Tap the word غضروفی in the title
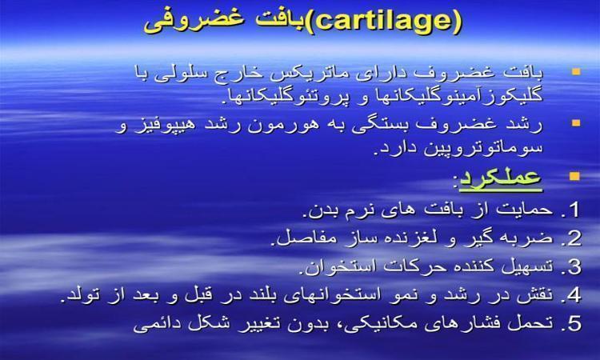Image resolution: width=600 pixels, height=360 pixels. click(x=195, y=21)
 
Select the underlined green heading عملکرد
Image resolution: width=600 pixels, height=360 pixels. click(x=501, y=178)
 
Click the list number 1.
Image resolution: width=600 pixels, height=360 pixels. click(x=574, y=210)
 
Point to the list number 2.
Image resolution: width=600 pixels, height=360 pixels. click(x=574, y=238)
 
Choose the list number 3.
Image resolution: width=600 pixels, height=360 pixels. click(x=574, y=267)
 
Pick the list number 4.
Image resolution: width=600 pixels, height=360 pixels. click(x=574, y=295)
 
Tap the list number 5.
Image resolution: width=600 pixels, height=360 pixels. click(x=574, y=324)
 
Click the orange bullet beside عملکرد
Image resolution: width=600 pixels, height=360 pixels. click(x=574, y=176)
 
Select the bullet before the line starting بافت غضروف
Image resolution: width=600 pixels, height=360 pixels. click(x=576, y=71)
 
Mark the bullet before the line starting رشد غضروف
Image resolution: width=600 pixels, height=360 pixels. click(x=576, y=123)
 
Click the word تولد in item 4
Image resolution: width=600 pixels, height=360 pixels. click(x=81, y=295)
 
